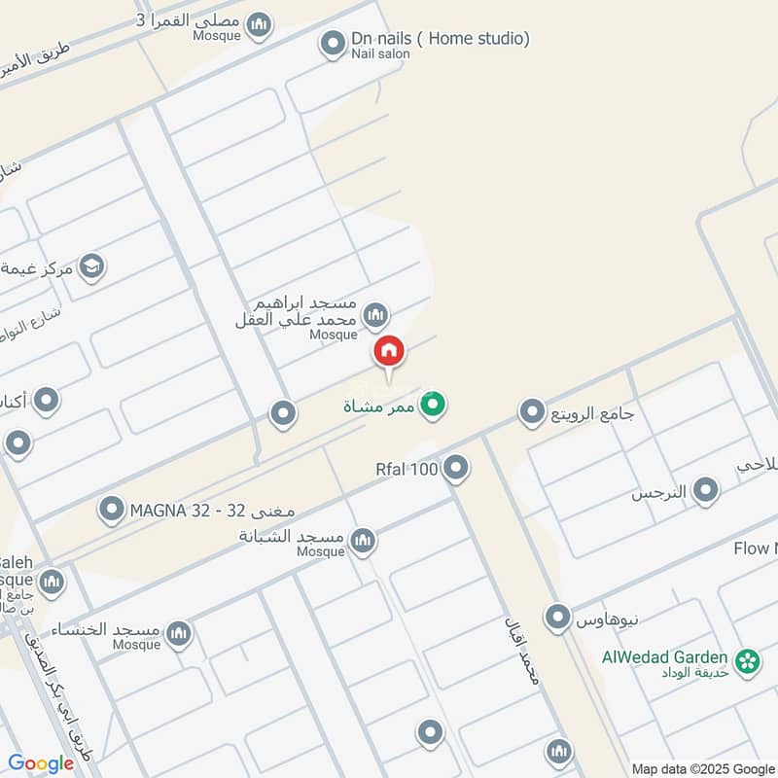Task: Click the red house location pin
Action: (389, 352)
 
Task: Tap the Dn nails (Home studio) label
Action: (441, 39)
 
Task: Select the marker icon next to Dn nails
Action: (334, 43)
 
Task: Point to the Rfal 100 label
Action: (407, 471)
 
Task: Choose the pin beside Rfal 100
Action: (455, 471)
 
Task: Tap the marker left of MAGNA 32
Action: (112, 509)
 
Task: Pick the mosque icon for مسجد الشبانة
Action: (363, 540)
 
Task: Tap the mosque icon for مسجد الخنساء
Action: (178, 635)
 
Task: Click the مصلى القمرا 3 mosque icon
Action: (258, 24)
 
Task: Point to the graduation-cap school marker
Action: (91, 266)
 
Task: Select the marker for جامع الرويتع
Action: (531, 413)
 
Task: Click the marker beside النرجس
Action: (705, 491)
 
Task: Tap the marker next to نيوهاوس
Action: (557, 617)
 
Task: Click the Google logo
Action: (41, 763)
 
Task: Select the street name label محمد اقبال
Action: (521, 661)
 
